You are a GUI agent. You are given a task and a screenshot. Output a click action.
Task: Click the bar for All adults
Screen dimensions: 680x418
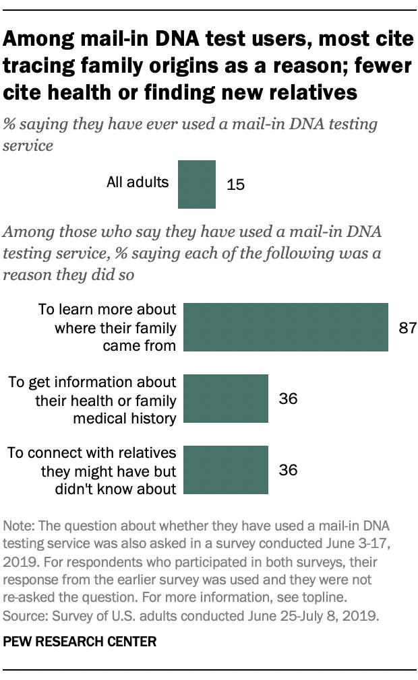coord(197,184)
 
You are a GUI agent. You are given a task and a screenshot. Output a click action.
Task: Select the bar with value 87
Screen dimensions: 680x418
coord(286,327)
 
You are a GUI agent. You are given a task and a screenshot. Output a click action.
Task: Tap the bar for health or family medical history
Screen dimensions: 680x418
coord(226,399)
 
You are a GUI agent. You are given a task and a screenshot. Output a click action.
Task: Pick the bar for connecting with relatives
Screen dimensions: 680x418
coord(226,469)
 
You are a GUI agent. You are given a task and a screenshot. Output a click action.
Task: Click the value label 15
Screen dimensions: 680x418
coord(235,184)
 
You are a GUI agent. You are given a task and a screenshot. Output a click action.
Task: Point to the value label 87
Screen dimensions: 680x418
coord(407,328)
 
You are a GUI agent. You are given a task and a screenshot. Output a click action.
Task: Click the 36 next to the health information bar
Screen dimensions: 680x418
coord(288,399)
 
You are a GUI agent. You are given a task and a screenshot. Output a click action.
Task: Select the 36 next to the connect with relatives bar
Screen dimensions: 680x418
coord(288,470)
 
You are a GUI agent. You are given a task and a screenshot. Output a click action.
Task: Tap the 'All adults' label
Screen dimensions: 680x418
coord(138,182)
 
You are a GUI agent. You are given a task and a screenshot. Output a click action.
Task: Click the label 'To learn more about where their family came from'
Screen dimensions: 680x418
coord(108,328)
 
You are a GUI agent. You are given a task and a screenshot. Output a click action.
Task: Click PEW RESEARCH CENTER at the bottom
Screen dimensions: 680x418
coord(80,642)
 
